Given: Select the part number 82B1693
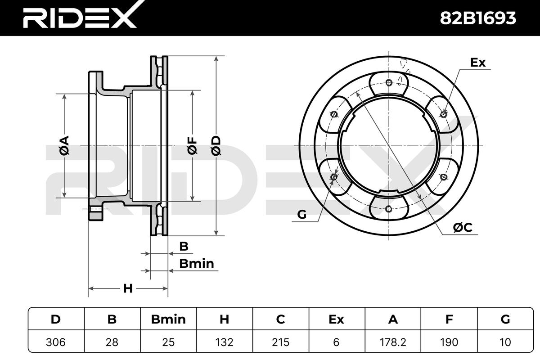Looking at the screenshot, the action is [477, 18].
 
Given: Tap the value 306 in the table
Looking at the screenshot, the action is [56, 342].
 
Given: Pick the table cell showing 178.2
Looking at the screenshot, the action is [393, 342].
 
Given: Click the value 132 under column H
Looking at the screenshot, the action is [225, 342].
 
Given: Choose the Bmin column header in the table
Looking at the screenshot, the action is [168, 319].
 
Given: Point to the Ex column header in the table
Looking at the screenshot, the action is [336, 319].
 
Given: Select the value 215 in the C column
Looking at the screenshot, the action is [281, 342].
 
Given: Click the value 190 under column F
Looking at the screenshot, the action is [449, 342].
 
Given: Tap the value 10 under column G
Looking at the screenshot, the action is [505, 342].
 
